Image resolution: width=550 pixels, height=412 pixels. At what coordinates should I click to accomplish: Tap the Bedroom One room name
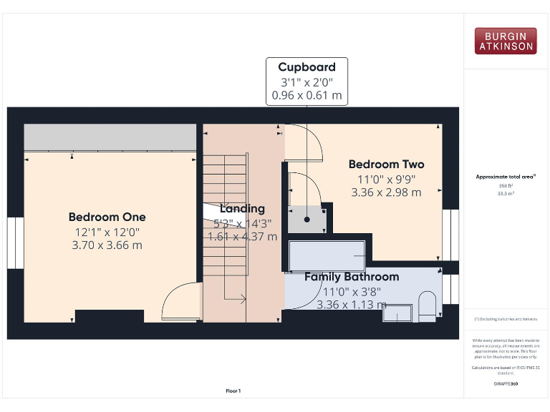pos(107,217)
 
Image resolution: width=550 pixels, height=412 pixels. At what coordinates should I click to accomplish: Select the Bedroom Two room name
pos(386,164)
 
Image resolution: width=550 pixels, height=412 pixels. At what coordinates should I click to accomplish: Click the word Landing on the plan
pos(242,209)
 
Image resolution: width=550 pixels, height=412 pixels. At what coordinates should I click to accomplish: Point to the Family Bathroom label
pos(352,277)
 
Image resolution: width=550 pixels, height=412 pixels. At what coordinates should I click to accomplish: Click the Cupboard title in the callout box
pos(307,67)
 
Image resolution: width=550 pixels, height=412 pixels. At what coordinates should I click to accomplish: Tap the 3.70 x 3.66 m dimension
pos(107,245)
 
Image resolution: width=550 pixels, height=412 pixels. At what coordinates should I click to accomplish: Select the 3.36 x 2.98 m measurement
pos(386,192)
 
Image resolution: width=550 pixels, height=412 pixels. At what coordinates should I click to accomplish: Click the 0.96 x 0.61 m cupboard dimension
pos(307,94)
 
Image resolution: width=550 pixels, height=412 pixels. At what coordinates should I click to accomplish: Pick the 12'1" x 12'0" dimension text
pos(107,231)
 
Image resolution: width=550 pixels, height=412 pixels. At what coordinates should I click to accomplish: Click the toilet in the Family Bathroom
pos(427,303)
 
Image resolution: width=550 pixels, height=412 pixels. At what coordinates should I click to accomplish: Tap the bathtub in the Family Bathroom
pos(328,255)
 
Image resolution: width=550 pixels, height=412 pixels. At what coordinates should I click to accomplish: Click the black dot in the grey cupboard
pos(307,220)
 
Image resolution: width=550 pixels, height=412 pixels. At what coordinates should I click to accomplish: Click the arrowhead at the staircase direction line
pos(243,299)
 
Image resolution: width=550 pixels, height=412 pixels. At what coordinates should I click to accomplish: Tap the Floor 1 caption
pos(233,391)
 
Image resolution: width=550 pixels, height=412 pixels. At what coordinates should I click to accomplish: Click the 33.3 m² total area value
pos(506,193)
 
